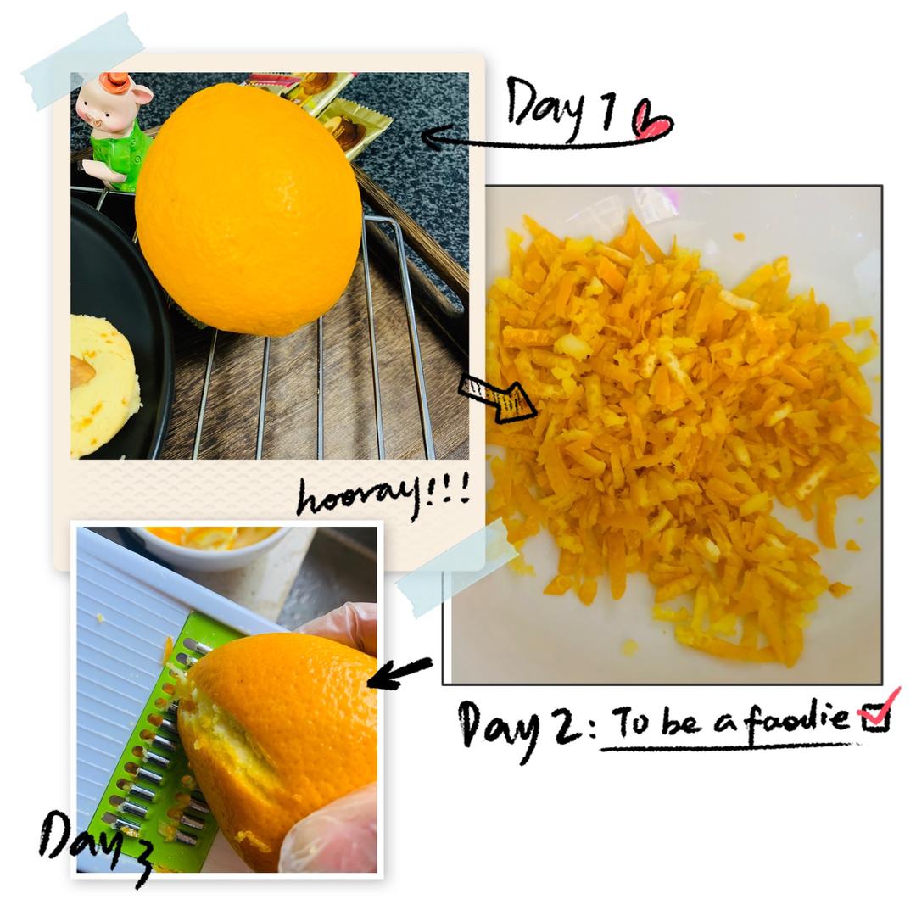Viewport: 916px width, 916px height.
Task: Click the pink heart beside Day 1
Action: [653, 121]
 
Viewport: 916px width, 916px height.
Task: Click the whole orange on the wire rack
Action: [249, 209]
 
